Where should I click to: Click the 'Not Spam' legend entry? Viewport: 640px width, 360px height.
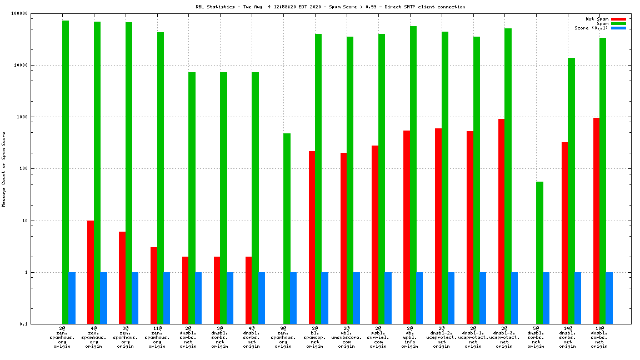point(597,19)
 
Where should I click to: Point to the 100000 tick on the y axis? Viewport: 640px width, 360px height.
point(36,13)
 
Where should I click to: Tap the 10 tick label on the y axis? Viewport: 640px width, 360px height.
point(39,221)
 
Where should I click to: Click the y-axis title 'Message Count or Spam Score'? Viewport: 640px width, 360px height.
point(4,169)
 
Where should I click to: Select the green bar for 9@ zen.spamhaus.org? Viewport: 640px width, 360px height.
point(287,228)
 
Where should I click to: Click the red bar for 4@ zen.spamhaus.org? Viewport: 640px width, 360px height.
point(91,272)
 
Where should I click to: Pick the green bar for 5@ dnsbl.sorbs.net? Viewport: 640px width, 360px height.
point(540,253)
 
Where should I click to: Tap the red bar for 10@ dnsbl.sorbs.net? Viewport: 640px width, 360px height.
point(596,221)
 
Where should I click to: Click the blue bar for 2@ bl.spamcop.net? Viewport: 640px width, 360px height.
point(325,298)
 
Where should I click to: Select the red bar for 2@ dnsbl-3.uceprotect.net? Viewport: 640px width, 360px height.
point(502,221)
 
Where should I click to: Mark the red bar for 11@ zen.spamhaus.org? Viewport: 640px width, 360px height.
point(154,286)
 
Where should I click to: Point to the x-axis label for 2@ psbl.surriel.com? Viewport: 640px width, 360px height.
point(378,337)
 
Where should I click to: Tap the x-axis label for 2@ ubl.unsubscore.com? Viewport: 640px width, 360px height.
point(347,337)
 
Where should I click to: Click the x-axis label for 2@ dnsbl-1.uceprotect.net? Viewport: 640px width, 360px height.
point(473,337)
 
